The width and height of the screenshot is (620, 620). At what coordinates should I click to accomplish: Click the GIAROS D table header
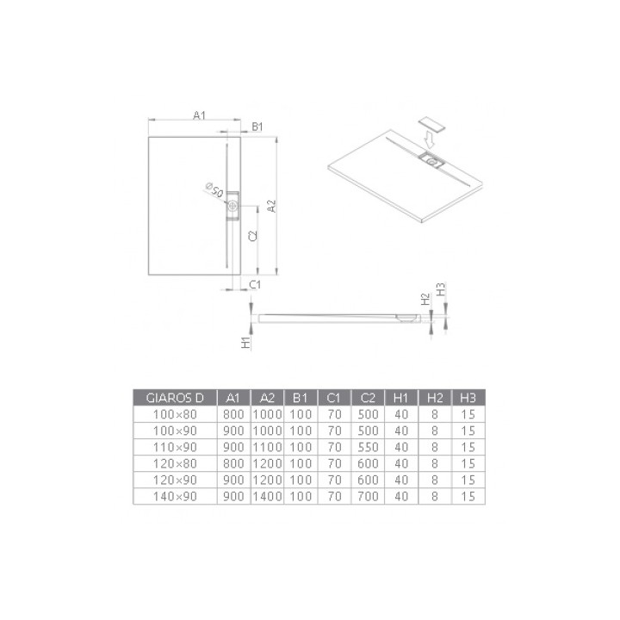pyautogui.click(x=175, y=397)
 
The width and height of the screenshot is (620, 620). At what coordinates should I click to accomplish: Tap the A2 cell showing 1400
pyautogui.click(x=267, y=496)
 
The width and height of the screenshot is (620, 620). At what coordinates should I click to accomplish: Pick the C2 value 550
pyautogui.click(x=368, y=447)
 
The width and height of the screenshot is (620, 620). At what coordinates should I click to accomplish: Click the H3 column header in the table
pyautogui.click(x=468, y=397)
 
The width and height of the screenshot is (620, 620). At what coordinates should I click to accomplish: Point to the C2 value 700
pyautogui.click(x=368, y=496)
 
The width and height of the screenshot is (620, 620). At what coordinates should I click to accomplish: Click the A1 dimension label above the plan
pyautogui.click(x=199, y=115)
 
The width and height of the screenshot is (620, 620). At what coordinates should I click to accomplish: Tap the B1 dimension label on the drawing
pyautogui.click(x=256, y=127)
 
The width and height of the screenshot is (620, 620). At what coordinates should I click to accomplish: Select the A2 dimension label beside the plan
pyautogui.click(x=270, y=207)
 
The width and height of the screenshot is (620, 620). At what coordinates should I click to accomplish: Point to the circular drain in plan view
pyautogui.click(x=233, y=207)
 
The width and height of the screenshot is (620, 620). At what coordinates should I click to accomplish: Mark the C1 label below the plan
pyautogui.click(x=255, y=283)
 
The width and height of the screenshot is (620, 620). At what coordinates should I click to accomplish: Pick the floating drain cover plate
pyautogui.click(x=431, y=122)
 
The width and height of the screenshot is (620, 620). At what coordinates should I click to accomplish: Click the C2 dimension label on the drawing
pyautogui.click(x=252, y=238)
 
